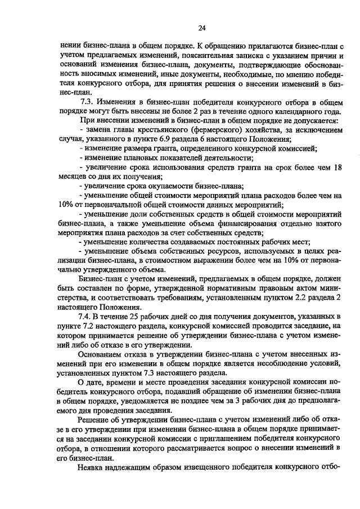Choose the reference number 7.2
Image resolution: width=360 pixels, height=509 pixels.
point(91,329)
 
